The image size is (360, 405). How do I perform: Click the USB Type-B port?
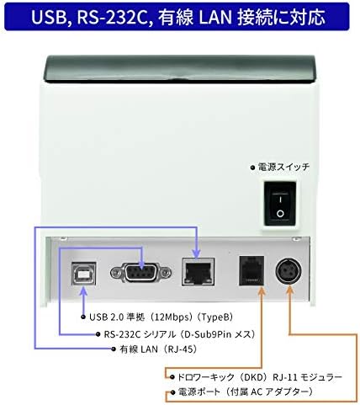tap(83, 273)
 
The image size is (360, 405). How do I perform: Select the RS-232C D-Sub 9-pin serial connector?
tap(140, 272)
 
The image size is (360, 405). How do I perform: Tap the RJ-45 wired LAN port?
tap(199, 272)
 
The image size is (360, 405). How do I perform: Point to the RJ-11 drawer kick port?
tap(251, 270)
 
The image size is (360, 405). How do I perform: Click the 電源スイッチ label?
tap(283, 168)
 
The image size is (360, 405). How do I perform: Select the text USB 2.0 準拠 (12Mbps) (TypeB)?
tap(161, 317)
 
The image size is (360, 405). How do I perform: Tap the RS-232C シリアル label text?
tap(140, 334)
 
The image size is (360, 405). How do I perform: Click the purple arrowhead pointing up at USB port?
tap(83, 291)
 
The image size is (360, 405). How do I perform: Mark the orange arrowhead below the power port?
tap(289, 290)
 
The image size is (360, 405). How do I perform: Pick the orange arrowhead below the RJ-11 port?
tap(262, 291)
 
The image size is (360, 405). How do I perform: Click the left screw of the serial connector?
tap(115, 272)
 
